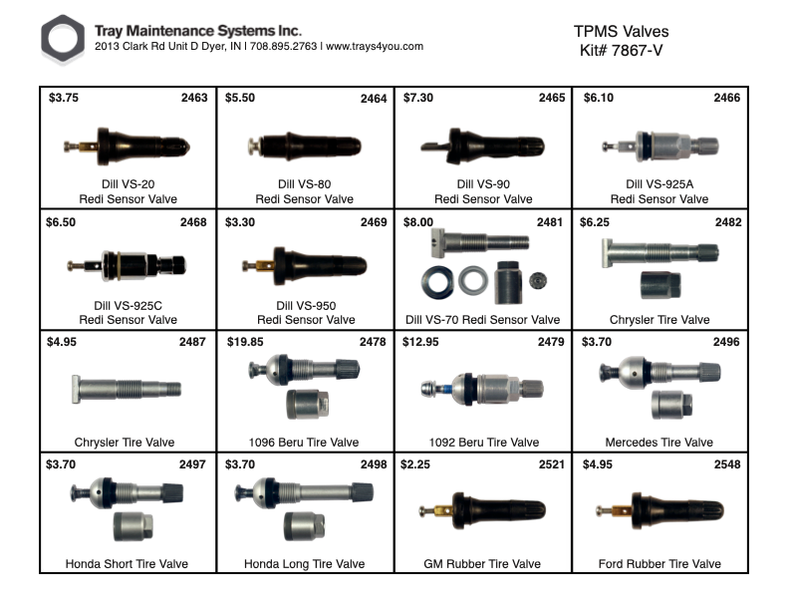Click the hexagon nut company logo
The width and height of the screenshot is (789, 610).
pos(63,40)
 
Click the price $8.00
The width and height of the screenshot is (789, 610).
pos(419,222)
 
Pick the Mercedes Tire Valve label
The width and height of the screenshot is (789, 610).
pos(658,443)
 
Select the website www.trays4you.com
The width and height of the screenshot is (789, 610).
pos(375,47)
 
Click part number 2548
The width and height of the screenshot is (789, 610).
pos(726,464)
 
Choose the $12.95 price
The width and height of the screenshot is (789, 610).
pos(420,343)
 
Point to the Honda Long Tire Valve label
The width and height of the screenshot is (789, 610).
pos(304,564)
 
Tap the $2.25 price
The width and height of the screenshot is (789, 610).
pos(416,464)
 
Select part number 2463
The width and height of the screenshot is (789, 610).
pos(193,99)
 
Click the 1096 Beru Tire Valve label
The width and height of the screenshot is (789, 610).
pos(304,443)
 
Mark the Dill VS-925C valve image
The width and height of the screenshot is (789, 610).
pos(127,266)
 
